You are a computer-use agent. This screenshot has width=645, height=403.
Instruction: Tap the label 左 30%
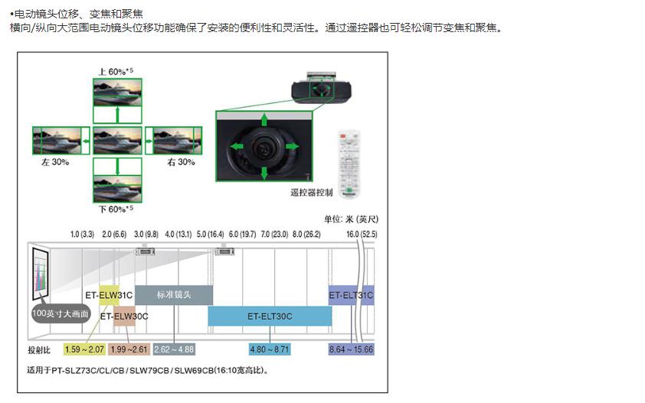coord(55,162)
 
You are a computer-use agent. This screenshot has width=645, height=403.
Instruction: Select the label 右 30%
coord(182,162)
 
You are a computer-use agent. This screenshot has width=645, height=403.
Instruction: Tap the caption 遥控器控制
coord(312,193)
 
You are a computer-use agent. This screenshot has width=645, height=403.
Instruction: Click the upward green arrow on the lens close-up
coord(265,120)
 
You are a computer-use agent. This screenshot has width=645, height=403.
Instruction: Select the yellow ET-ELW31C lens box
coord(109,294)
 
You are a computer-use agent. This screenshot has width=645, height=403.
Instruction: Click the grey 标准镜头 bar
coord(174,294)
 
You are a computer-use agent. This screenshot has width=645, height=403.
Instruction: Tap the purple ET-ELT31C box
coord(351,294)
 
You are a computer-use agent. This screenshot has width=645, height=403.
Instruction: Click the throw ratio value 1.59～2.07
coord(84,349)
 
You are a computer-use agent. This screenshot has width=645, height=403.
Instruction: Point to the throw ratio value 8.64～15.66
coord(351,349)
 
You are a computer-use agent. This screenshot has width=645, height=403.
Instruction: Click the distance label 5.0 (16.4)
coord(210,233)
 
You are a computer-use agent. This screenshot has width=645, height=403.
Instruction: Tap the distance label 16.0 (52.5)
coord(362,233)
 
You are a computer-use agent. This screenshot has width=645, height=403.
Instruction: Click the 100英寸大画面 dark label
coord(61,314)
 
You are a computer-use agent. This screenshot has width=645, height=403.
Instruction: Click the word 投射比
coord(38,349)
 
